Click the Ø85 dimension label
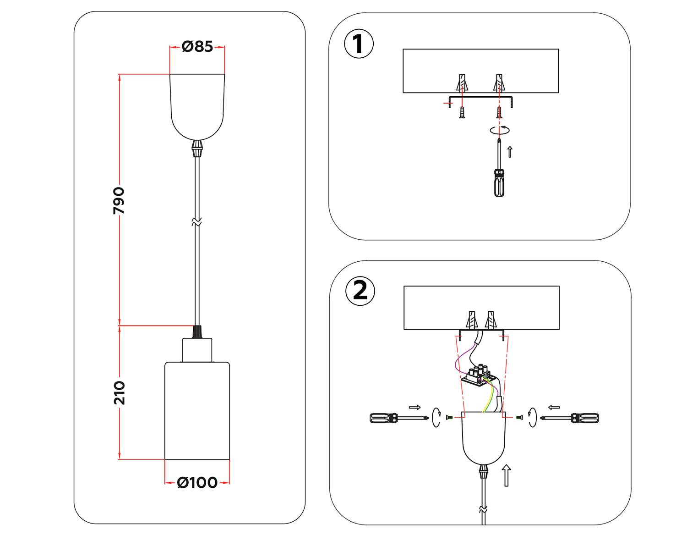(x=197, y=46)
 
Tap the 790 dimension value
(x=119, y=200)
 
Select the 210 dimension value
(x=119, y=392)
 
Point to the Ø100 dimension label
(x=197, y=483)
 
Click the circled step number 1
(x=359, y=44)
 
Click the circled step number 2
(x=360, y=291)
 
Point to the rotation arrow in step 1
(x=500, y=130)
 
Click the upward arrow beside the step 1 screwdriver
(x=510, y=151)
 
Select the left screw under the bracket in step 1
(x=462, y=112)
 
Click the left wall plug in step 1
(x=462, y=83)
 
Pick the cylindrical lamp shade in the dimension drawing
(x=197, y=410)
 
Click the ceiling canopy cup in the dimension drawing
(x=197, y=105)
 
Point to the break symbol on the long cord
(x=197, y=222)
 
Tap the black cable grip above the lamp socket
(x=197, y=332)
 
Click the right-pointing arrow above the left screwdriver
(x=414, y=407)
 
